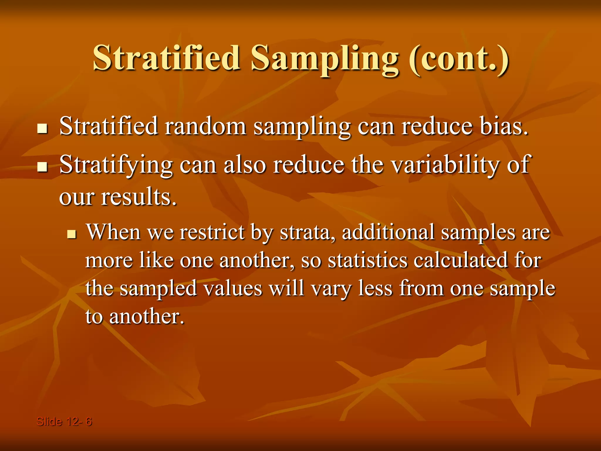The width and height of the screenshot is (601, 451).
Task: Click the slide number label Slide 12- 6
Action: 64,422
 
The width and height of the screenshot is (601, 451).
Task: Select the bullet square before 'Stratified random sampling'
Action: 43,129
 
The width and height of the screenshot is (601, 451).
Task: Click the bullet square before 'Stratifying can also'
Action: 43,167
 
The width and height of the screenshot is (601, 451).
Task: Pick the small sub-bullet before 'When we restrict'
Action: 72,234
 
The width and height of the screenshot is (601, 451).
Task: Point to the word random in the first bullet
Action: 205,126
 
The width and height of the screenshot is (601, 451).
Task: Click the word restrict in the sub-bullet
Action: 212,232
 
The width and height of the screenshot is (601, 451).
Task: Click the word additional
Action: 388,232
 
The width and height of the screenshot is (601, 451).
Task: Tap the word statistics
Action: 367,260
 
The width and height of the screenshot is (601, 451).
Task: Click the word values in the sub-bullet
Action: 233,288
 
